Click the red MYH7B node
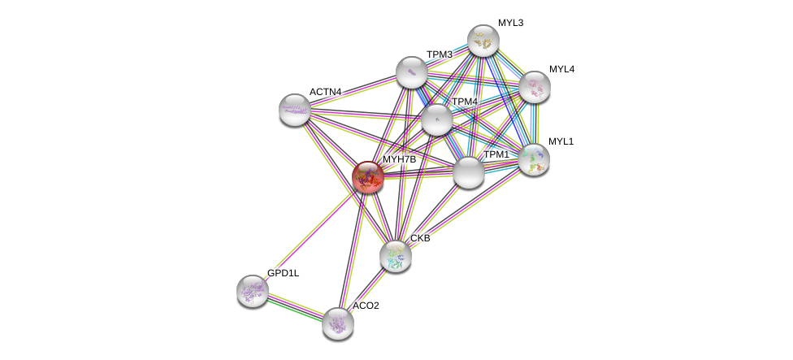tap(367, 176)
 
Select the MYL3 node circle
tap(483, 41)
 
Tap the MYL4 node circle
tap(534, 87)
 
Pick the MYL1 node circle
tap(533, 159)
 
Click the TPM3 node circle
tap(412, 72)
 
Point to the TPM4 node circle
tap(436, 119)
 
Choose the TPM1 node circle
tap(468, 172)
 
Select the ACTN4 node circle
tap(294, 110)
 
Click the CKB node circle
tap(396, 256)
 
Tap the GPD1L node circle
tap(252, 290)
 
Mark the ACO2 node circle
tap(337, 323)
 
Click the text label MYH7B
tap(399, 159)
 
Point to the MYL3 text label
tap(510, 23)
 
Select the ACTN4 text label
tap(325, 92)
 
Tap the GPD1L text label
tap(283, 273)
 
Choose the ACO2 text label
tap(365, 306)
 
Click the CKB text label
tap(420, 238)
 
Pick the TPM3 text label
tap(439, 54)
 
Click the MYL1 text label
tap(561, 141)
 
